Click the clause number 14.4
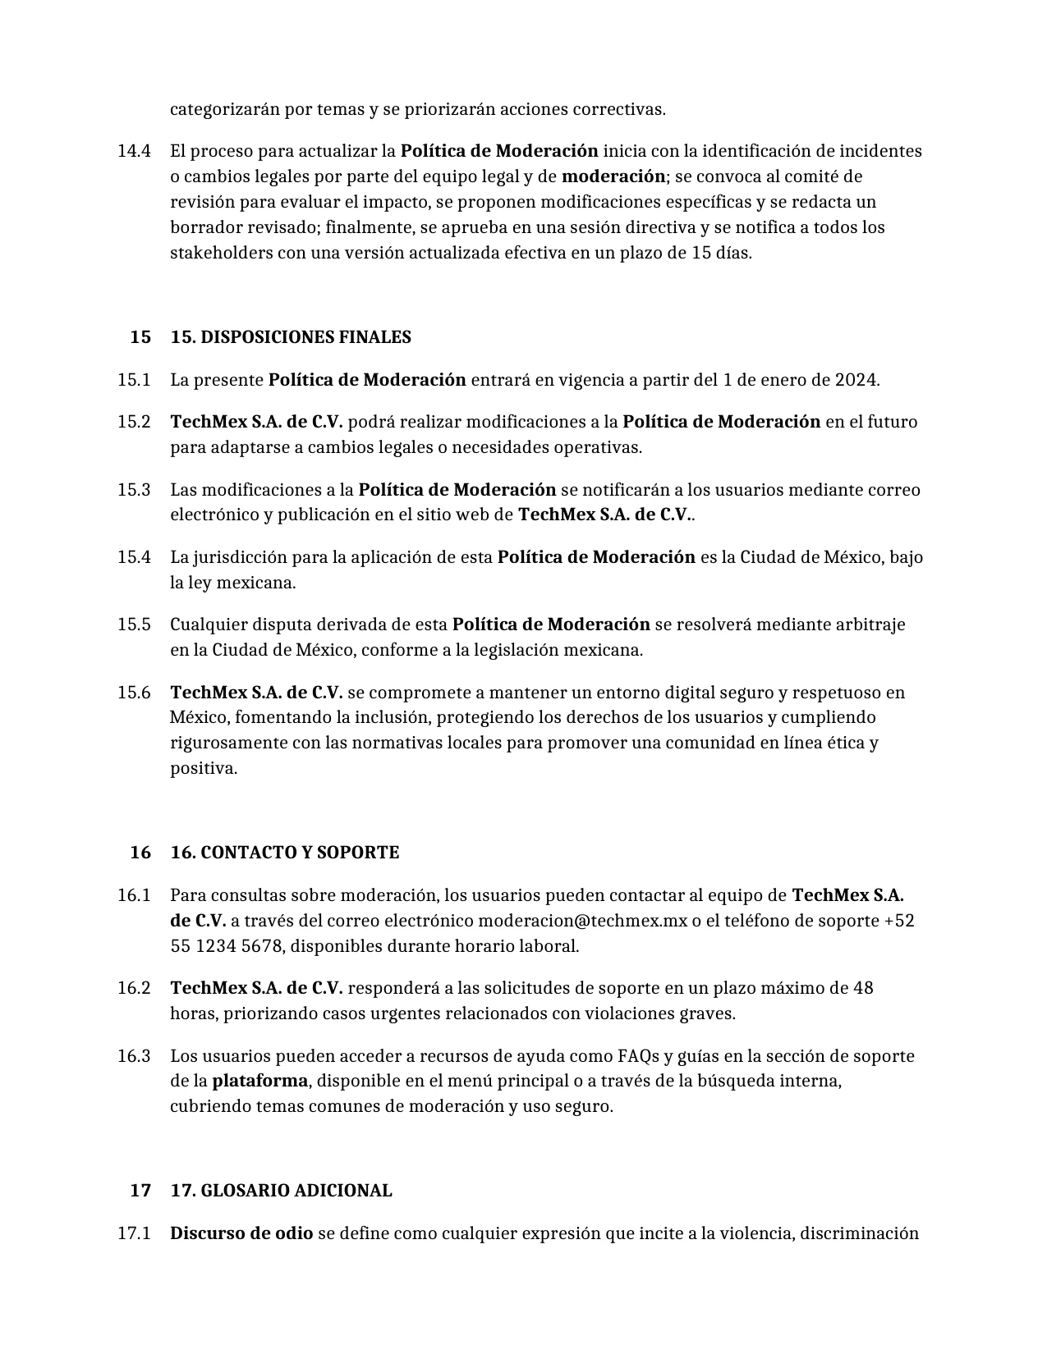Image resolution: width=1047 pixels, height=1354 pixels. pyautogui.click(x=134, y=151)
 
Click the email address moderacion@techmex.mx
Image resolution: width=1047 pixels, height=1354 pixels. pyautogui.click(x=582, y=921)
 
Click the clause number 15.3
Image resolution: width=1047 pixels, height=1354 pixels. pyautogui.click(x=134, y=490)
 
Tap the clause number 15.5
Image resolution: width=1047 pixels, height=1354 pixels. pyautogui.click(x=134, y=624)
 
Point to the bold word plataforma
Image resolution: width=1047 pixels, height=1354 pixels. pyautogui.click(x=259, y=1081)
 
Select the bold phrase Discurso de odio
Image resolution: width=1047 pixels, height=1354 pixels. pyautogui.click(x=241, y=1233)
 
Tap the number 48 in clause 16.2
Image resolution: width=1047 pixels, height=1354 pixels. pyautogui.click(x=863, y=988)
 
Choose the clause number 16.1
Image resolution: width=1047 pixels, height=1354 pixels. pyautogui.click(x=134, y=895)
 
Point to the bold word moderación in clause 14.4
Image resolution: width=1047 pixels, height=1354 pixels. pyautogui.click(x=613, y=176)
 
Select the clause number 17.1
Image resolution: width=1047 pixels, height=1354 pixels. pyautogui.click(x=134, y=1233)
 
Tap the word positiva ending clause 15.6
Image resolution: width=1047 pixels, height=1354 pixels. pyautogui.click(x=203, y=769)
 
